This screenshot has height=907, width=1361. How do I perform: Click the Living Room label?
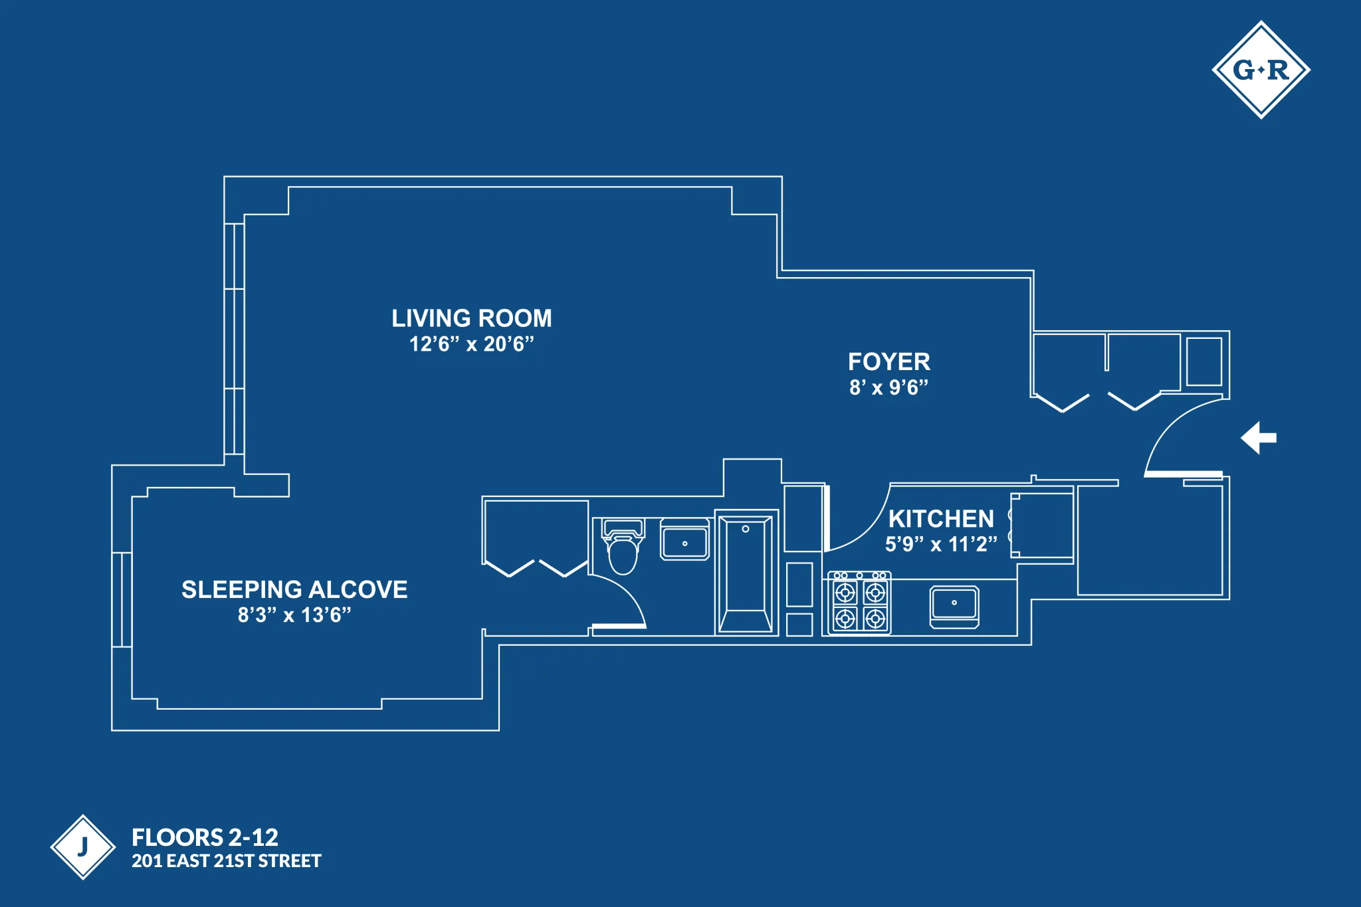pyautogui.click(x=471, y=318)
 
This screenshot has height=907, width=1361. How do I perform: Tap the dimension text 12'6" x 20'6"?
pyautogui.click(x=471, y=344)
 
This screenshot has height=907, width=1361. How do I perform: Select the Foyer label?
pyautogui.click(x=889, y=362)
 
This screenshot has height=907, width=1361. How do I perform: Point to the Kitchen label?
pyautogui.click(x=941, y=519)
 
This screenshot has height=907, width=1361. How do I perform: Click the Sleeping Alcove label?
pyautogui.click(x=294, y=589)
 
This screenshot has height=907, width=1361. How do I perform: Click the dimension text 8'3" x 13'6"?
pyautogui.click(x=294, y=615)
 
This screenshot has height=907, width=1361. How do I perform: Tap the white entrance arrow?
pyautogui.click(x=1258, y=438)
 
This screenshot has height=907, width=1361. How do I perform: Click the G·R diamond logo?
pyautogui.click(x=1261, y=70)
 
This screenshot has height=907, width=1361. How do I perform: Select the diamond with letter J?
pyautogui.click(x=83, y=847)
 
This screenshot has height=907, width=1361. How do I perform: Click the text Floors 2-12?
pyautogui.click(x=205, y=837)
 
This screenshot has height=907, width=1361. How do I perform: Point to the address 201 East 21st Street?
pyautogui.click(x=226, y=861)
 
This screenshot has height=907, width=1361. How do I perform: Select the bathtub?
pyautogui.click(x=746, y=573)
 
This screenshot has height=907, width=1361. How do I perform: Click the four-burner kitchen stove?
pyautogui.click(x=859, y=603)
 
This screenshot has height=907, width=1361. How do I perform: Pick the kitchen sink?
pyautogui.click(x=954, y=605)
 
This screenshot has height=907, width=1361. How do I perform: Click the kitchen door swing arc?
pyautogui.click(x=871, y=528)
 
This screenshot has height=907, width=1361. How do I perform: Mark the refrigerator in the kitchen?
pyautogui.click(x=1042, y=526)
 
